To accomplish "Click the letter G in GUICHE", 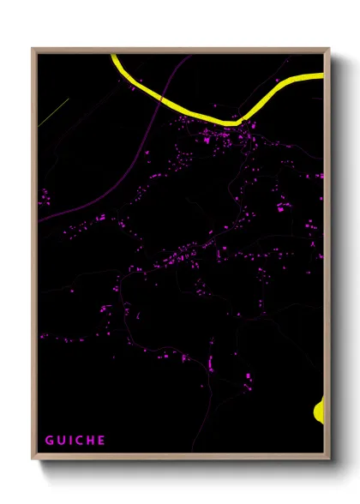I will (x=50, y=441).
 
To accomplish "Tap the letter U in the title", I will (x=63, y=441).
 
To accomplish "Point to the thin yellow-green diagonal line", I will (x=53, y=112).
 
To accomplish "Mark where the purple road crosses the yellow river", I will (x=159, y=99).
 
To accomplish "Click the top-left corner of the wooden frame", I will (x=33, y=49).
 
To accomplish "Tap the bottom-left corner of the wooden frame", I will (x=33, y=459).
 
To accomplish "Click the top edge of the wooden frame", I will (x=180, y=50).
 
